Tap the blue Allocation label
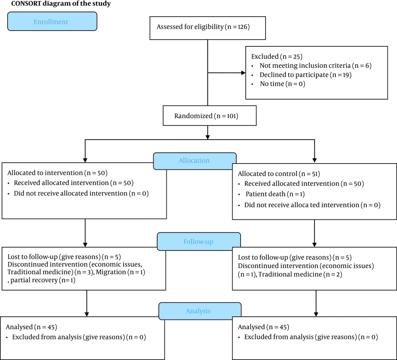point(195,161)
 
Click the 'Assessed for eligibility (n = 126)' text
point(203,27)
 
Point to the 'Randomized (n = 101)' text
point(206,116)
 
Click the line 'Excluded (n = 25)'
point(277,56)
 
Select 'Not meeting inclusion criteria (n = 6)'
point(316,65)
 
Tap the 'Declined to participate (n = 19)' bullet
point(306,75)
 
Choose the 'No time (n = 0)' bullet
point(283,84)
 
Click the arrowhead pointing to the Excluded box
point(243,73)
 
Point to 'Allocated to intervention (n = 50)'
point(58,173)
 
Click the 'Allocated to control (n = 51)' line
point(279,174)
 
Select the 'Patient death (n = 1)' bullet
point(275,194)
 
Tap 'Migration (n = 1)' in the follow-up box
point(121,272)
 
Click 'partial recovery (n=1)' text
point(43,280)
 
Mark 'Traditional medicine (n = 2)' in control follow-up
point(300,274)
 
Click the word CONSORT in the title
point(26,4)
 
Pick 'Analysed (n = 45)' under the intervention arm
point(31,327)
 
